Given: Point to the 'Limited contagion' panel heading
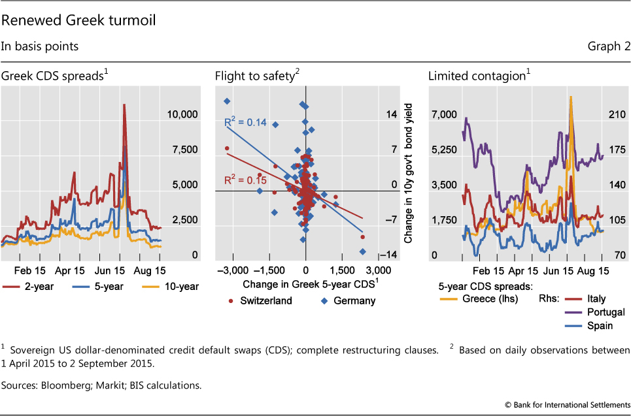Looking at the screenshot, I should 477,76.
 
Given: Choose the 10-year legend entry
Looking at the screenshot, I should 177,286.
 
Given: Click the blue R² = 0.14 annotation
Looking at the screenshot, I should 241,123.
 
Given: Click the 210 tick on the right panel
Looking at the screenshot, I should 618,115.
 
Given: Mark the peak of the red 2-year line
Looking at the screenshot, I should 123,104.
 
